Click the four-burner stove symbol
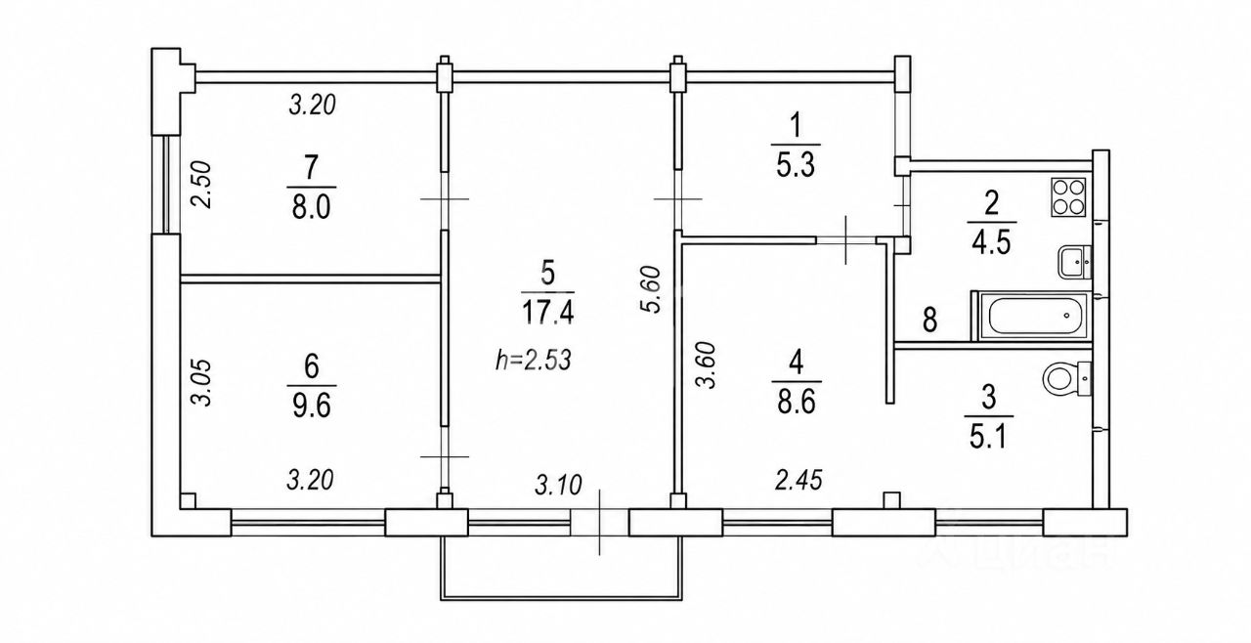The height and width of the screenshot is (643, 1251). [1068, 197]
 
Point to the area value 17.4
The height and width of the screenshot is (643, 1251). [548, 312]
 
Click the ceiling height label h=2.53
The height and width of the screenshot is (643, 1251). [534, 360]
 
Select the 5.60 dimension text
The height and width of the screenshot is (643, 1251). [651, 289]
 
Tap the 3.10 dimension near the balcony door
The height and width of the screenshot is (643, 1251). [558, 485]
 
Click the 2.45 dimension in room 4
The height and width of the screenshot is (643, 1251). [798, 480]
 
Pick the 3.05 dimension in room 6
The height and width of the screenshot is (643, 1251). [201, 382]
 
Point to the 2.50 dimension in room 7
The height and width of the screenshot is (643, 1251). [201, 185]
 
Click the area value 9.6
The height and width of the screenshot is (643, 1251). [312, 406]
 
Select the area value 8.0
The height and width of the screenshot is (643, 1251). [311, 207]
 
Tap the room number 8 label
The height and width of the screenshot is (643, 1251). [929, 321]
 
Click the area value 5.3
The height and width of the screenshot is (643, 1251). [796, 165]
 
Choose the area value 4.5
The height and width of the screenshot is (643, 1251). [991, 243]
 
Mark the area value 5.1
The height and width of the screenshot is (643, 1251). [988, 437]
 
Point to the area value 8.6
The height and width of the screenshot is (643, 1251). [797, 402]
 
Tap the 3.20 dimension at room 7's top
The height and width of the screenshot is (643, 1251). [312, 105]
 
